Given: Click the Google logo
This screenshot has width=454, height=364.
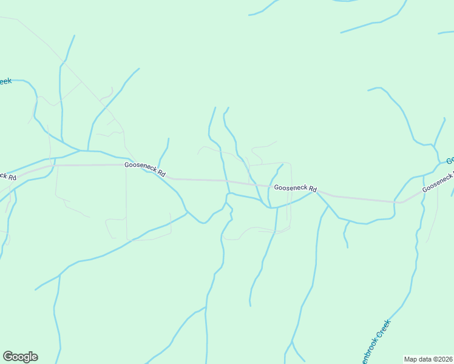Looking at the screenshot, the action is point(20,357).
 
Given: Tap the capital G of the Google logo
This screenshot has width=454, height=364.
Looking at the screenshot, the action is point(8,357).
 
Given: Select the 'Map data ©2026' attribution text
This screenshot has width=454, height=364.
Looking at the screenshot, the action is point(428,359).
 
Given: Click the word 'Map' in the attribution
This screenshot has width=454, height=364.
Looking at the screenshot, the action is point(411,359).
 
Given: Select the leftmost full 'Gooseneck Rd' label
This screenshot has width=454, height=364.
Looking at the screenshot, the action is point(145,169).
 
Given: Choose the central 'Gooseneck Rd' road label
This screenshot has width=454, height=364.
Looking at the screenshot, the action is point(295,189).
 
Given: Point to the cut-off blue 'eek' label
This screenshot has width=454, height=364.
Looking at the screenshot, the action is point(5,81).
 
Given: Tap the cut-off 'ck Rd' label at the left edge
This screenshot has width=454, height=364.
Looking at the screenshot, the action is point(7,177).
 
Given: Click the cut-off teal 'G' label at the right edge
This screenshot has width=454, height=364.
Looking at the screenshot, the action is point(450,161).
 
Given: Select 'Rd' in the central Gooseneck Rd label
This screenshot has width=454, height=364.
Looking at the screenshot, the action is point(313,189).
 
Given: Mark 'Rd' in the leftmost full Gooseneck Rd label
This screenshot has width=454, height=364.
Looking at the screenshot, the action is point(161,172).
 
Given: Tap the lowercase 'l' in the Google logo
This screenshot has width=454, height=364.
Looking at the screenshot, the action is point(30,357).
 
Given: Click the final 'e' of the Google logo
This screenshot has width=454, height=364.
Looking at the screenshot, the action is point(34,357).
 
